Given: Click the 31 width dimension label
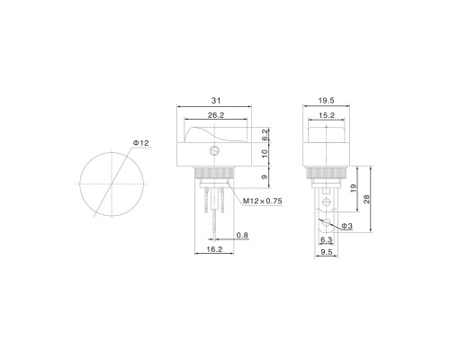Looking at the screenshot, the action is tap(216, 101).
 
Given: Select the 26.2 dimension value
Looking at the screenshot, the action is tap(216, 115).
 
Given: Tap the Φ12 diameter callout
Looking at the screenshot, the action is tap(141, 143).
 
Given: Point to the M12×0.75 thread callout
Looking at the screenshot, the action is tap(263, 201).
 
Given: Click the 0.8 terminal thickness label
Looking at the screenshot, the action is tap(242, 235).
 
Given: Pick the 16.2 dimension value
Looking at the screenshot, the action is tap(214, 249).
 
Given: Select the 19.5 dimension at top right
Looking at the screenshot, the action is tap(327, 101).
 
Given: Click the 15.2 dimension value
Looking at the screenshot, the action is tap(327, 115).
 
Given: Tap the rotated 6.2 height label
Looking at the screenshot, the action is tap(265, 135).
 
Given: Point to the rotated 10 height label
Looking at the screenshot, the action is tap(265, 154).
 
